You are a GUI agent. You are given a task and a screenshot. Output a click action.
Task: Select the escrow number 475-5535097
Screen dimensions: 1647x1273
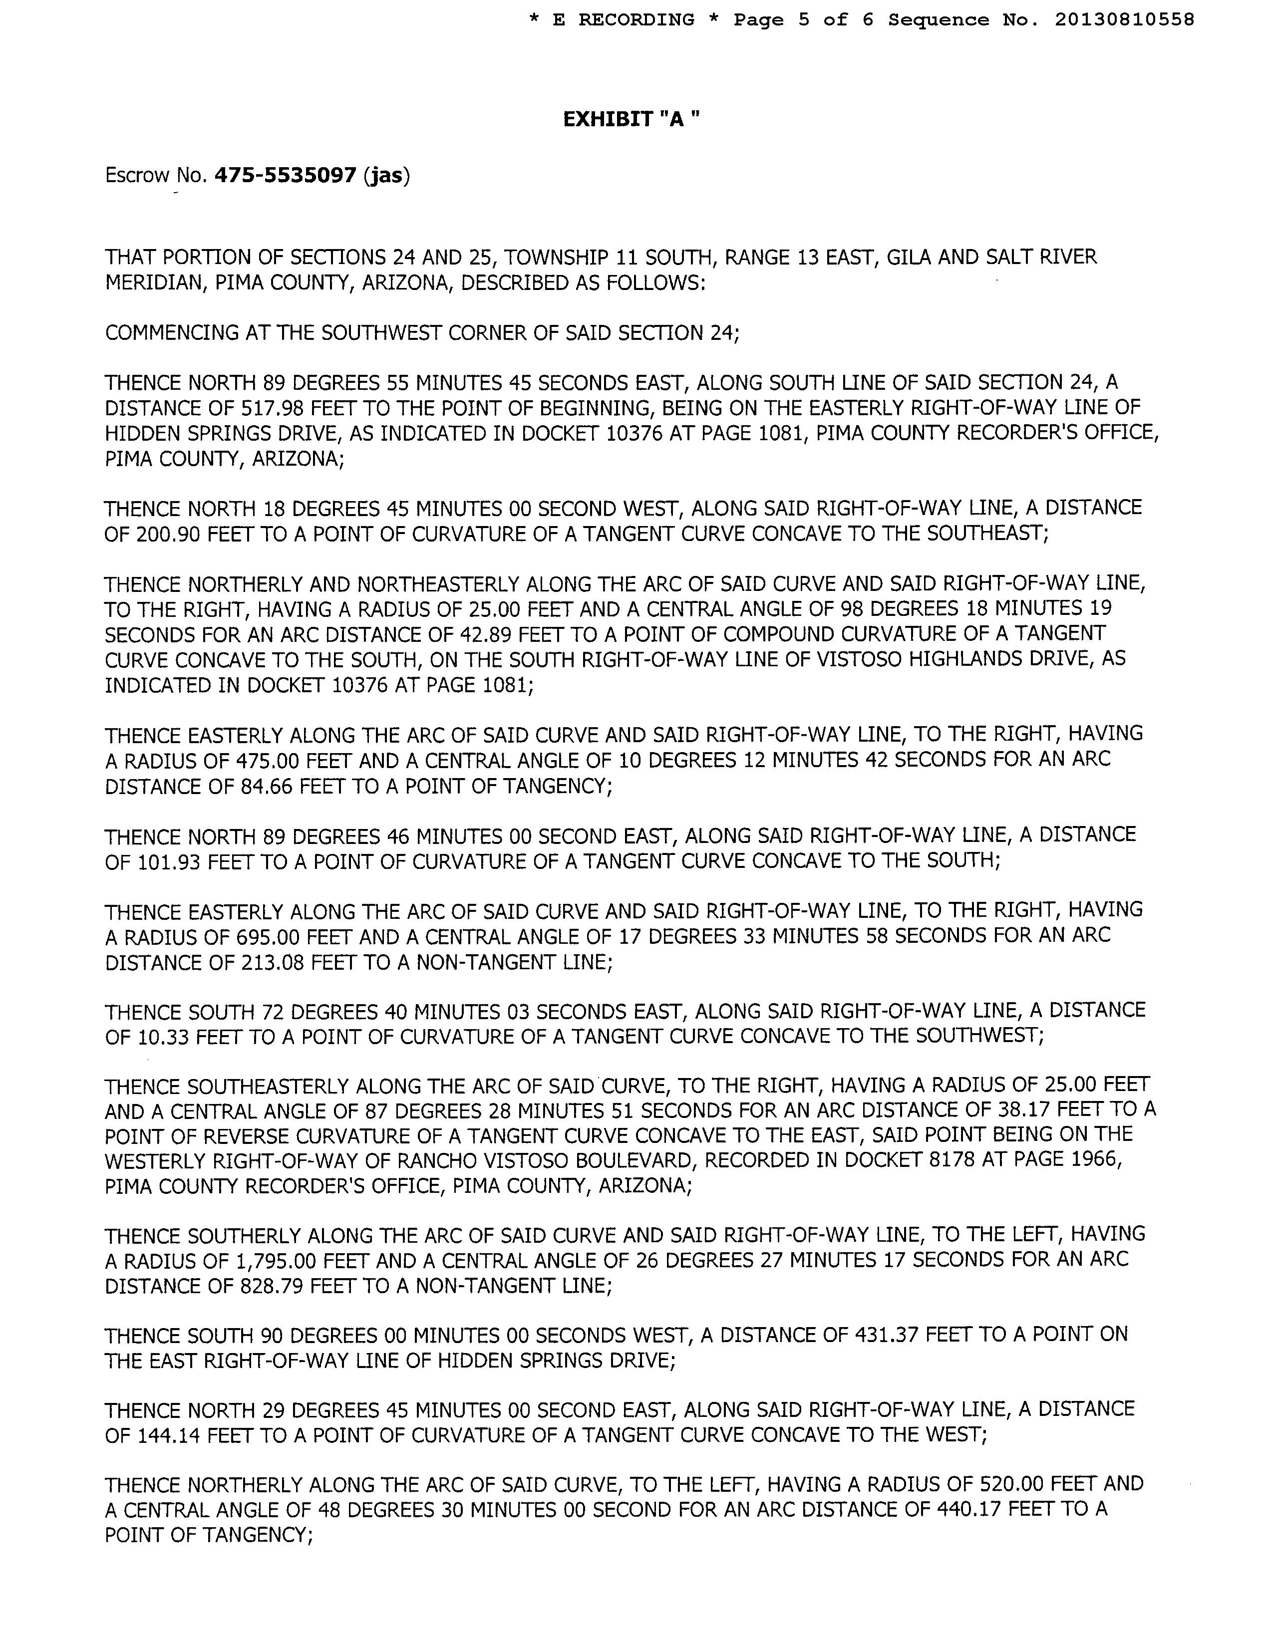click(285, 176)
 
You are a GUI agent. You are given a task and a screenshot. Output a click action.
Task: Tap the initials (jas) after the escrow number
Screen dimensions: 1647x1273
click(386, 176)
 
